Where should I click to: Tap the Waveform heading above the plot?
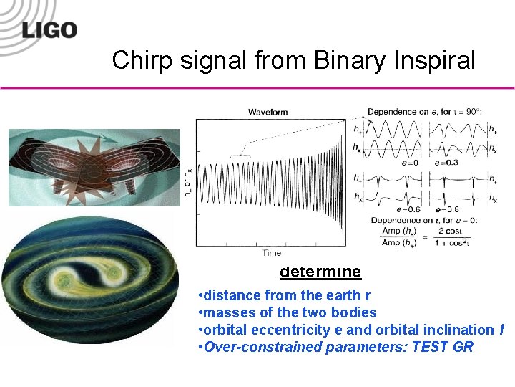[x=268, y=112]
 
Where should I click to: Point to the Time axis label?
[x=271, y=252]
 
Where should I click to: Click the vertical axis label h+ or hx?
[x=187, y=183]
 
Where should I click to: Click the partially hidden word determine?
[x=320, y=272]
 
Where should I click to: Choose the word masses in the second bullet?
[x=225, y=312]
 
